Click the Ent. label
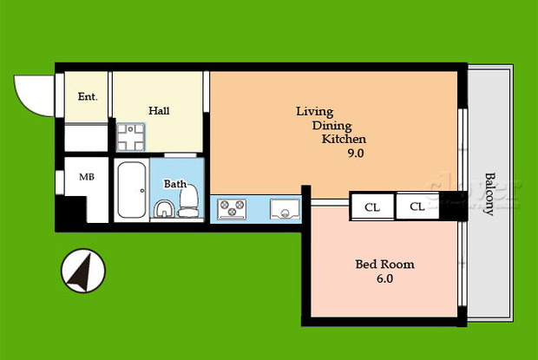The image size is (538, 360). click(87, 97)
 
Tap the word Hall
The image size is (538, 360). click(159, 110)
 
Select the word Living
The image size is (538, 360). click(315, 111)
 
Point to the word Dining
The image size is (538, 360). click(331, 125)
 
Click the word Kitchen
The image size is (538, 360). click(344, 139)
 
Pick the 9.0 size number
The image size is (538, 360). click(355, 154)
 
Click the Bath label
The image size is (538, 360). click(175, 184)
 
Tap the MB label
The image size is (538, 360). click(87, 177)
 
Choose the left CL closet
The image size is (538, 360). click(372, 207)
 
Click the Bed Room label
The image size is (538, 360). click(385, 265)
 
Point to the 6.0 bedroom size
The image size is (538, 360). click(385, 279)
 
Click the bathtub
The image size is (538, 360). click(131, 190)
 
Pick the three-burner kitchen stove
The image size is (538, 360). click(233, 209)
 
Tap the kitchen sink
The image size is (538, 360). click(285, 209)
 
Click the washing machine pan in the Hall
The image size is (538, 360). click(133, 136)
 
